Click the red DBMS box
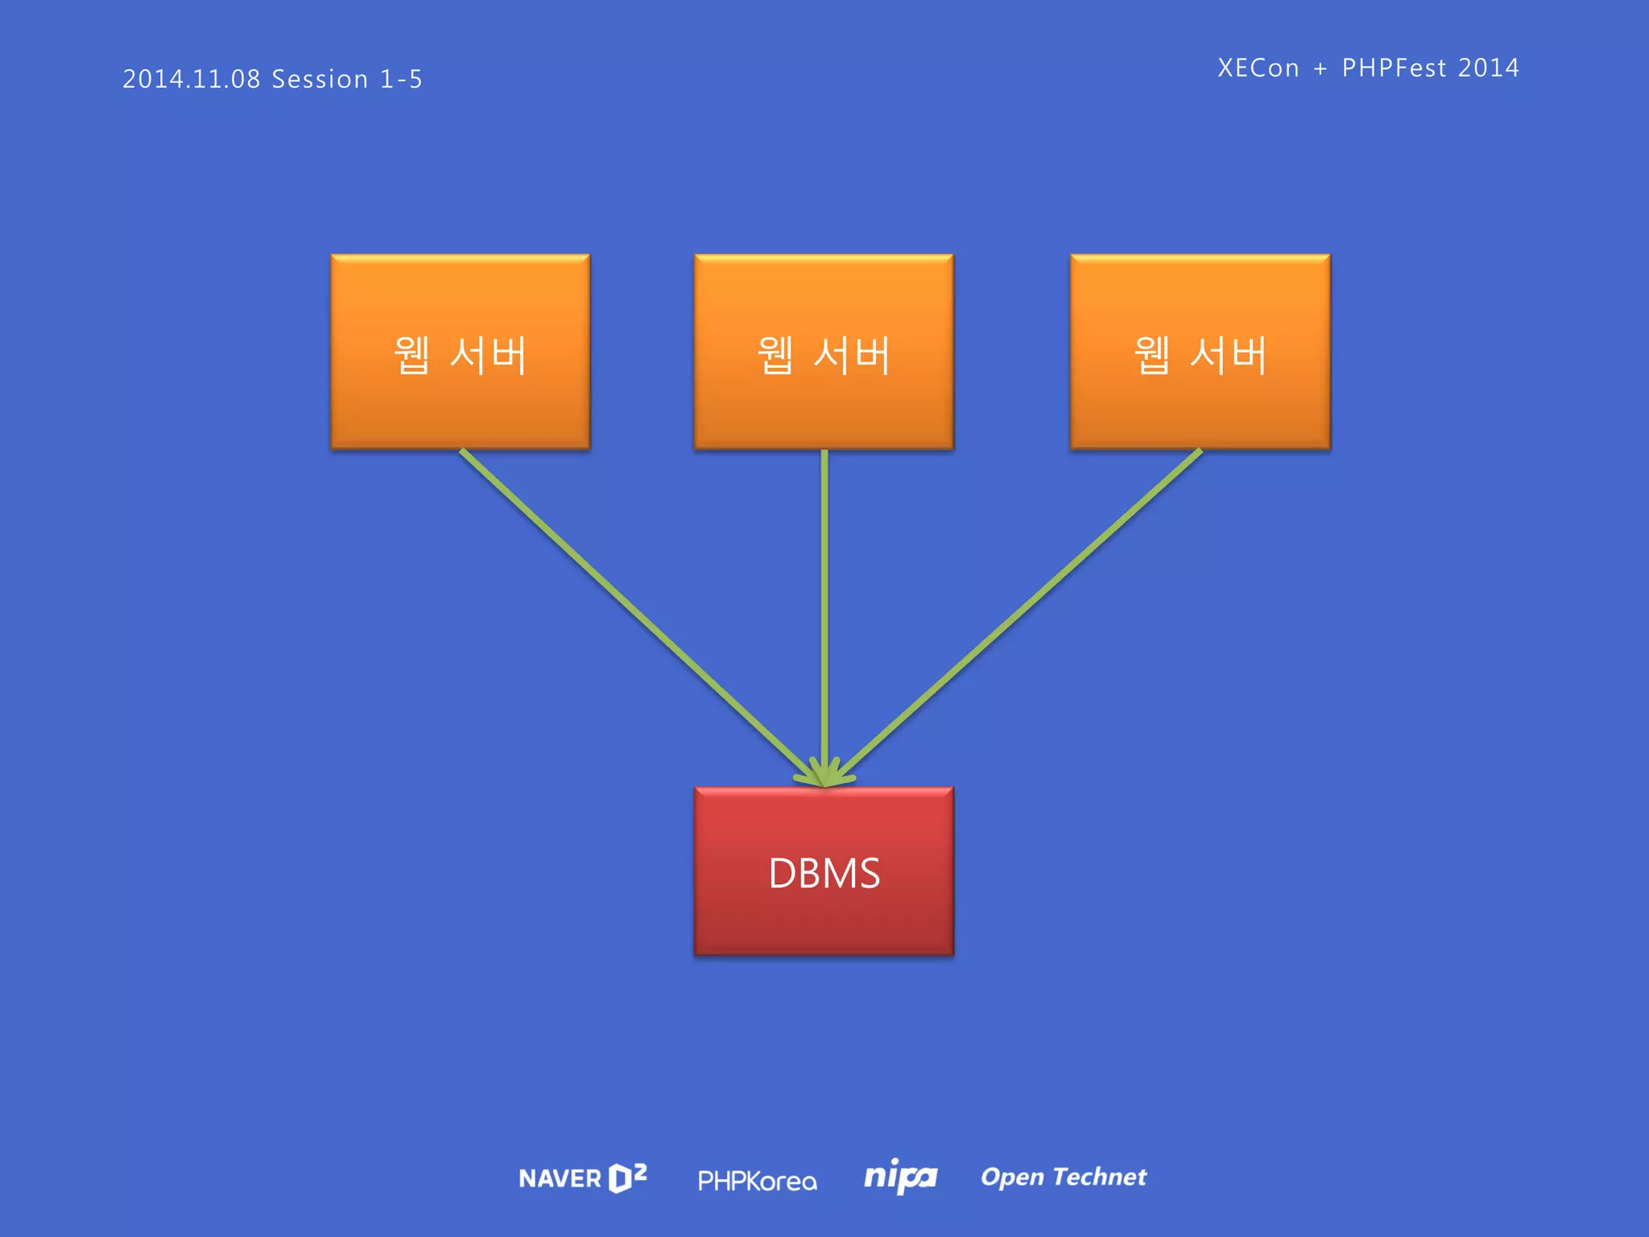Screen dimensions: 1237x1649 pyautogui.click(x=824, y=871)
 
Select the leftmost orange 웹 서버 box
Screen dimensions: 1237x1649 pyautogui.click(x=460, y=352)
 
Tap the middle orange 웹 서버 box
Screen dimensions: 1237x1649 pyautogui.click(x=824, y=352)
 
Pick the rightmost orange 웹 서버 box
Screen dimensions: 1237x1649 pyautogui.click(x=1200, y=352)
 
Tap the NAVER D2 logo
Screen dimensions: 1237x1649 pyautogui.click(x=582, y=1178)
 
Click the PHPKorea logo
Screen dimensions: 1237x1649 pyautogui.click(x=757, y=1181)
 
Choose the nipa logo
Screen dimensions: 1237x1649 pyautogui.click(x=900, y=1177)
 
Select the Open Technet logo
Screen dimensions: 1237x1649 pyautogui.click(x=1063, y=1177)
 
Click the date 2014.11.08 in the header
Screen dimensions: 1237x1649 pyautogui.click(x=192, y=79)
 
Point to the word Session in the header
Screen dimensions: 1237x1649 pyautogui.click(x=320, y=79)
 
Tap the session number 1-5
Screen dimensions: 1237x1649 pyautogui.click(x=401, y=79)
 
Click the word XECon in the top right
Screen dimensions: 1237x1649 pyautogui.click(x=1258, y=68)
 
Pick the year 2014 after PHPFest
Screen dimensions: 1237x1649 pyautogui.click(x=1488, y=68)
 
